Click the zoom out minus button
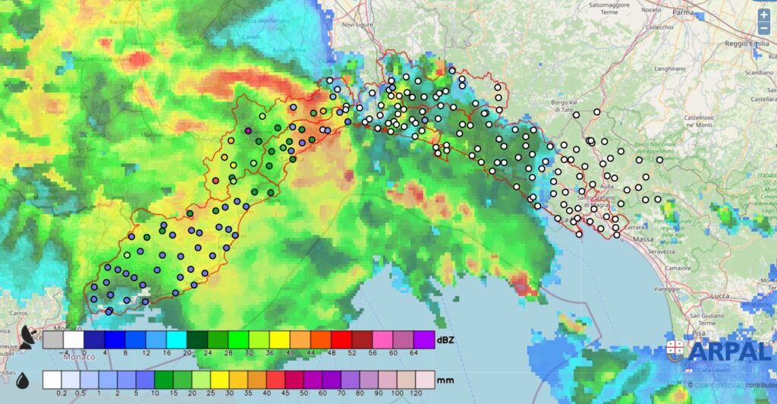[763, 30]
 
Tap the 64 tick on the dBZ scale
[414, 353]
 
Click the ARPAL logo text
[731, 351]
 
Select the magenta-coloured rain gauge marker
[247, 131]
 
